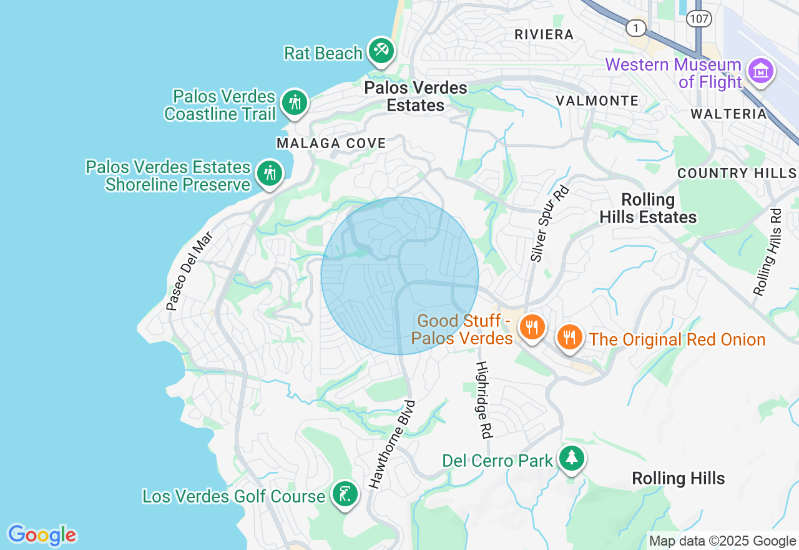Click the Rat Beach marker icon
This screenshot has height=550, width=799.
click(x=381, y=51)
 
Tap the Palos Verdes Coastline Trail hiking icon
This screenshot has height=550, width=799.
click(x=294, y=102)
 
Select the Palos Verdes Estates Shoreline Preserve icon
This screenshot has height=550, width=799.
click(x=270, y=173)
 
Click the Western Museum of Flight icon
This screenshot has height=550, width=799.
click(x=761, y=71)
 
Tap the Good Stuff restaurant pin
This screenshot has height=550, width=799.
click(x=531, y=327)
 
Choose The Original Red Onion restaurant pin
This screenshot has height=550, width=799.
click(x=569, y=337)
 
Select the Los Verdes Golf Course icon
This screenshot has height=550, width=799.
click(x=345, y=494)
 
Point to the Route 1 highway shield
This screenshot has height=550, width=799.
click(x=635, y=28)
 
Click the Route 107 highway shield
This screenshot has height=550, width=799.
click(x=699, y=19)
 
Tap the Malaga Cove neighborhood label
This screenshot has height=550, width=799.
click(x=331, y=144)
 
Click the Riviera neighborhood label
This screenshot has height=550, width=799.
click(x=544, y=35)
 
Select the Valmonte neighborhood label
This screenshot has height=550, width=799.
click(x=597, y=101)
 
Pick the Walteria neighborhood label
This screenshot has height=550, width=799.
click(x=728, y=114)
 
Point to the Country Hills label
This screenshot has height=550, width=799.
click(x=737, y=173)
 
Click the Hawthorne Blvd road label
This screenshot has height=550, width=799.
click(x=392, y=444)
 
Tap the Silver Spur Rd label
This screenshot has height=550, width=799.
click(x=542, y=223)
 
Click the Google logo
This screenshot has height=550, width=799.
click(x=42, y=536)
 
